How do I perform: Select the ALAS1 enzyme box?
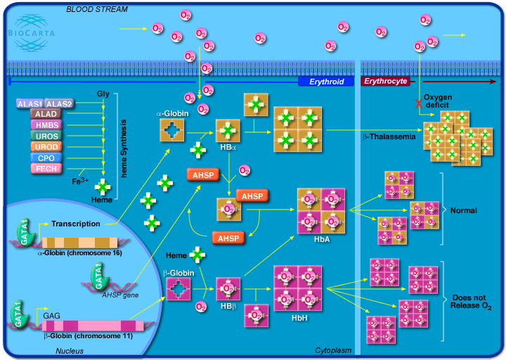tap(30, 103)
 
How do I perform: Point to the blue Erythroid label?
tap(327, 82)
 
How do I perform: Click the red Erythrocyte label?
tap(385, 82)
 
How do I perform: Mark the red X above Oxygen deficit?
tap(419, 104)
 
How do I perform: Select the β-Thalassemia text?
tap(389, 136)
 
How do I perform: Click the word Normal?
tap(463, 210)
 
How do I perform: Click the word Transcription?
tap(75, 224)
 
